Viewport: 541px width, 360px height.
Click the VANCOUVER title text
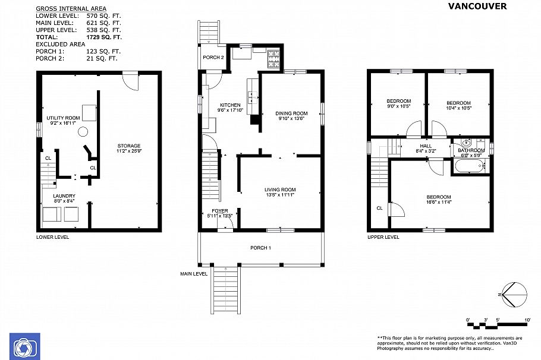click(477, 6)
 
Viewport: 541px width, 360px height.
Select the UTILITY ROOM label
click(63, 118)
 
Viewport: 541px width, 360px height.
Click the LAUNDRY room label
click(64, 195)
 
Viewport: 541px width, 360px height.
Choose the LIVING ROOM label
click(280, 190)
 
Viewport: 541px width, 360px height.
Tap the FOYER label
click(219, 211)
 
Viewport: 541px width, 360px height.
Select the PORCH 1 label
click(260, 248)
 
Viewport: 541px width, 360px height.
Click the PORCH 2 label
click(213, 58)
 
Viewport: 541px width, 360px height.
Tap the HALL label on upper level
click(426, 145)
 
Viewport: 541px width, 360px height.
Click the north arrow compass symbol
click(514, 293)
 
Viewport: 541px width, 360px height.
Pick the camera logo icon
click(24, 346)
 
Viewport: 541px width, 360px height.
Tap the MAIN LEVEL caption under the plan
click(194, 274)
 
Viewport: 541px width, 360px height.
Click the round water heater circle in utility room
click(84, 132)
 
